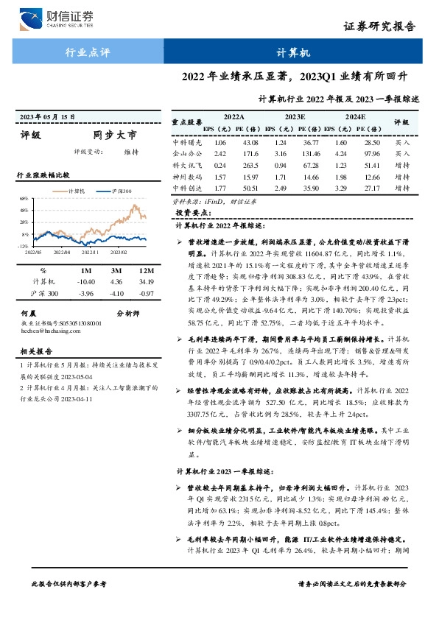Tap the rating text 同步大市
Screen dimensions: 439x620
click(115, 135)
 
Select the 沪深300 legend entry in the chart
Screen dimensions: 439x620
click(119, 191)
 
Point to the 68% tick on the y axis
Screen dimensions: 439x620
click(24, 199)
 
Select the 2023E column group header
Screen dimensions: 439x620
click(295, 116)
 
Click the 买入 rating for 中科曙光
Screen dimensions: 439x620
click(401, 142)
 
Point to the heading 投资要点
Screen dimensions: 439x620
click(194, 211)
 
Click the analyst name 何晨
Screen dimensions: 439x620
click(27, 313)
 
